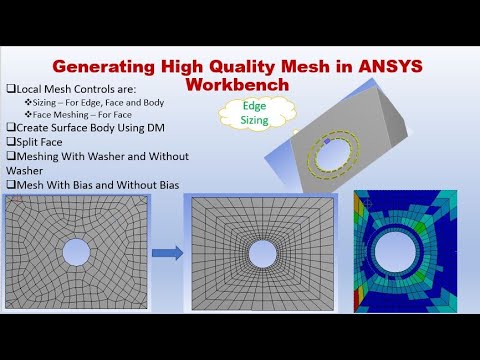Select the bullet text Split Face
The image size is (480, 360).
coord(43,141)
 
